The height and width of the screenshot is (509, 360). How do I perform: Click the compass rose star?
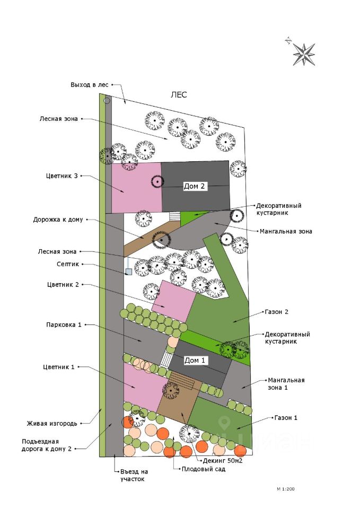[x=304, y=54]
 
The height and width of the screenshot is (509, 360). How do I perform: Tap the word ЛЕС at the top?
[x=179, y=95]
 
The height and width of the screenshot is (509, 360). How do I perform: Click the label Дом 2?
[x=194, y=187]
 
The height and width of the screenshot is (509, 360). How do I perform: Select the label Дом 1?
[x=195, y=360]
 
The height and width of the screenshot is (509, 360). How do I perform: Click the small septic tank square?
[x=128, y=272]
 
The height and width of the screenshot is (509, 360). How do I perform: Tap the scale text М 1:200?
[x=285, y=488]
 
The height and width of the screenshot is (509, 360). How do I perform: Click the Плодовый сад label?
[x=204, y=469]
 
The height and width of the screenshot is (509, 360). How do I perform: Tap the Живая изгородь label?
[x=52, y=423]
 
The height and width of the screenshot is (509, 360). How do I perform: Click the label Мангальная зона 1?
[x=286, y=383]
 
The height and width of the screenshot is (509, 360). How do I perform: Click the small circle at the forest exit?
[x=107, y=100]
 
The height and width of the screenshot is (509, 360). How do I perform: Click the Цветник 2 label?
[x=63, y=285]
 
